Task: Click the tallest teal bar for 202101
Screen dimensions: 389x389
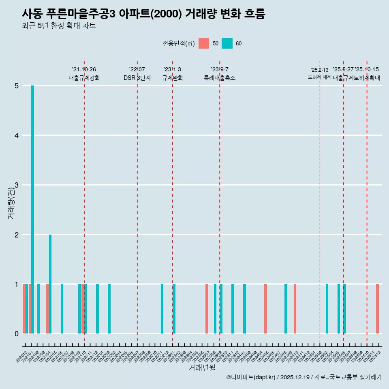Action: coord(32,209)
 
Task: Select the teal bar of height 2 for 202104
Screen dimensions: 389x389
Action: coord(50,284)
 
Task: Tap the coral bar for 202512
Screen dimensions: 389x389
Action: coord(377,309)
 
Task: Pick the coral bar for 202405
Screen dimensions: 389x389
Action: coord(265,309)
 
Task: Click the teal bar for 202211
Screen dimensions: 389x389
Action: coord(162,309)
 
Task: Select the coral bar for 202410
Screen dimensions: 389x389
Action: coord(295,309)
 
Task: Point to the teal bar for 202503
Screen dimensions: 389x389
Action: coord(327,309)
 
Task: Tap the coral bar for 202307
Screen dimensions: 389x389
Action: coord(206,309)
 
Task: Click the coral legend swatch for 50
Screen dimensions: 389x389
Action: coord(204,43)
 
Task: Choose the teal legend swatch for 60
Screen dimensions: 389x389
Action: coord(227,43)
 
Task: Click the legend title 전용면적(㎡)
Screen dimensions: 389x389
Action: coord(178,43)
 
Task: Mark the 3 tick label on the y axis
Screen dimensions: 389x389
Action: coord(17,185)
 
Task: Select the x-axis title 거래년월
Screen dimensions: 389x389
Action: coord(202,368)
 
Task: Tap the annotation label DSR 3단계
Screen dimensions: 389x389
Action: coord(137,78)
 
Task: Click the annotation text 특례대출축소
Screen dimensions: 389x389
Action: coord(219,78)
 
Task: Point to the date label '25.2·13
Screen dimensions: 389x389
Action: coord(320,70)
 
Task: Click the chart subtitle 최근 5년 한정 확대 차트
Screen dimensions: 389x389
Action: coord(59,26)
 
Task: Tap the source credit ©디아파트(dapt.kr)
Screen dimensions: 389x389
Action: coord(251,377)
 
